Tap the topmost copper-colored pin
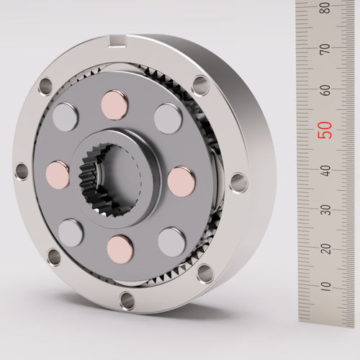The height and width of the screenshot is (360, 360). [x=115, y=105]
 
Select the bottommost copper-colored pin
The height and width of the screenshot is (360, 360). [x=120, y=248]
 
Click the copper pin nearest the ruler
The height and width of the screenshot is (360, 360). [x=181, y=181]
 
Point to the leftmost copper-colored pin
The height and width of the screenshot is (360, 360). [x=58, y=174]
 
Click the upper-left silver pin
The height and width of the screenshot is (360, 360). [x=66, y=117]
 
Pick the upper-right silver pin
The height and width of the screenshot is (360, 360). [x=168, y=119]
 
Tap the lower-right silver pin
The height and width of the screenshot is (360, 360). [x=171, y=241]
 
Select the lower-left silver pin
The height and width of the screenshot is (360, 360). [x=71, y=233]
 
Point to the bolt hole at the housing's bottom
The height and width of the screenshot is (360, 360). [x=127, y=300]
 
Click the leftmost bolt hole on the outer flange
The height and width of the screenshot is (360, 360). [x=21, y=171]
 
